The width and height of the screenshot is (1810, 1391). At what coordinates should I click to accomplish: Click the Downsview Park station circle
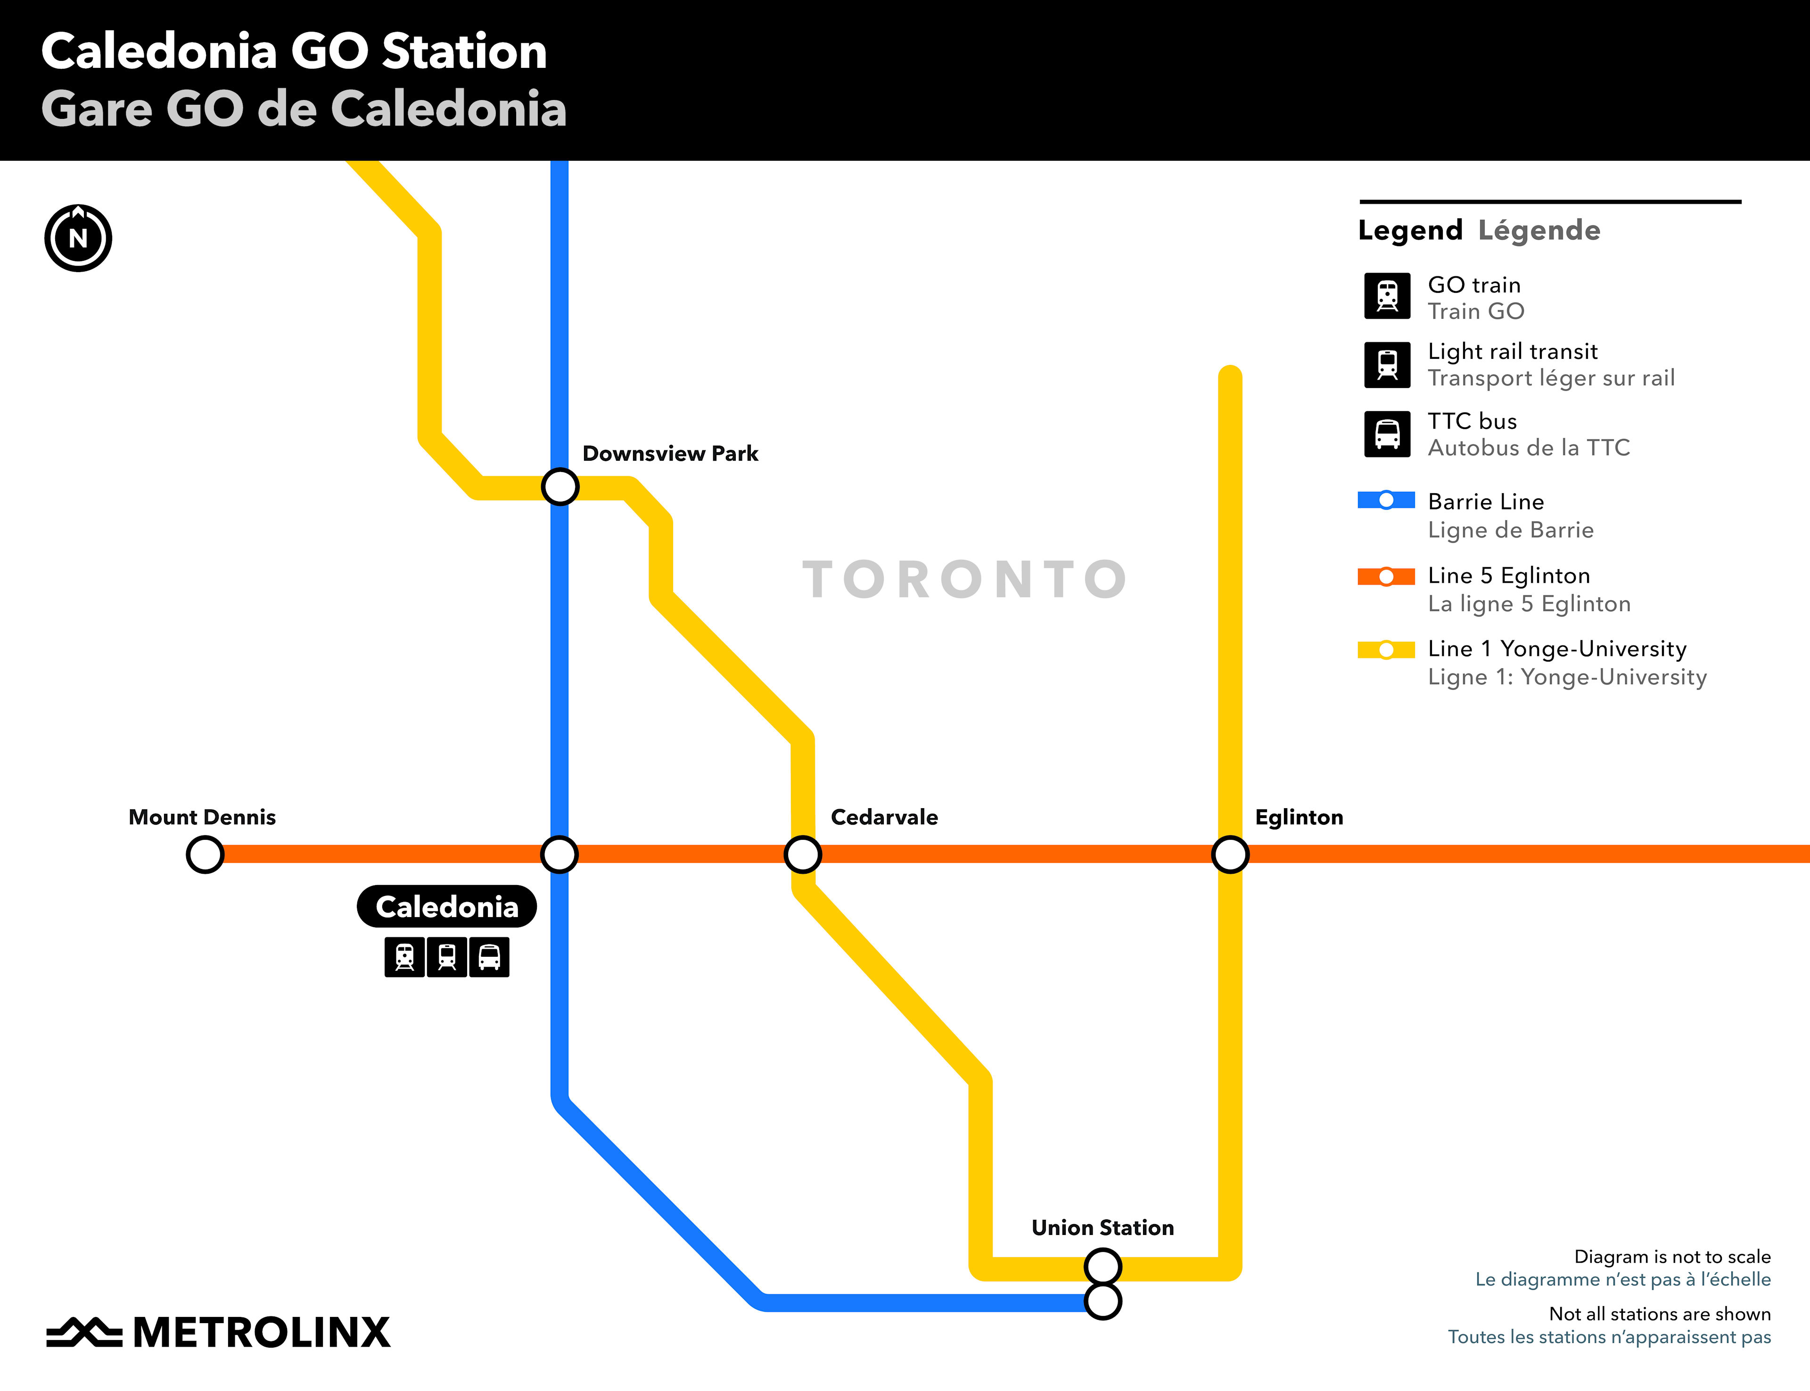tap(559, 487)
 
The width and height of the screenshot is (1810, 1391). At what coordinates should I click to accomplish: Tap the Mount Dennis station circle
tap(205, 853)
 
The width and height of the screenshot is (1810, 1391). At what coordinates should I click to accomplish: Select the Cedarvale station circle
tap(802, 853)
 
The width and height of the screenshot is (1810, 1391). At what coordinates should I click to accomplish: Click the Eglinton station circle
tap(1230, 853)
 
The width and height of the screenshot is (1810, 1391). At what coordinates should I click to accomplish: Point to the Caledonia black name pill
tap(447, 907)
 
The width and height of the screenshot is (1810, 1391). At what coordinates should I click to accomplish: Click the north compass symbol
tap(78, 239)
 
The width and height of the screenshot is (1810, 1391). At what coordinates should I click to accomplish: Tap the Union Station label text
tap(1102, 1227)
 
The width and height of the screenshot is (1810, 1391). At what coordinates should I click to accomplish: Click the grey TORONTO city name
tap(964, 579)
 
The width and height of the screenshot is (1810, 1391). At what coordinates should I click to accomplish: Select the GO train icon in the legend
tap(1387, 296)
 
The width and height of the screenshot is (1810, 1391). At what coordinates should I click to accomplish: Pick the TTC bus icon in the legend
tap(1387, 434)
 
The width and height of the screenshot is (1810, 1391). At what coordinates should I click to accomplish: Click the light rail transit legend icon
tap(1387, 364)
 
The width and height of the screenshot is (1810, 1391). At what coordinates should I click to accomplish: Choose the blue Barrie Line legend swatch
tap(1386, 500)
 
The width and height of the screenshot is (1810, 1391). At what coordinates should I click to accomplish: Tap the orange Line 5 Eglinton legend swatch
tap(1386, 576)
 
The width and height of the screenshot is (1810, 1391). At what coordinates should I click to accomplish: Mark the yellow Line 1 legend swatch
tap(1386, 650)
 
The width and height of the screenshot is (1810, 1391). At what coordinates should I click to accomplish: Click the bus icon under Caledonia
tap(489, 957)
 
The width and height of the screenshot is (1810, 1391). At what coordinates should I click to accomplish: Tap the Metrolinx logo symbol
tap(83, 1332)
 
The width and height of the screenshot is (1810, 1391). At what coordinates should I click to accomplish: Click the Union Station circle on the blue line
tap(1102, 1301)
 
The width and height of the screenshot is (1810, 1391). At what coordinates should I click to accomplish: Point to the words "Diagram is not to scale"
tap(1672, 1256)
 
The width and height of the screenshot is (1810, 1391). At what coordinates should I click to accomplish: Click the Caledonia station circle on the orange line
tap(559, 853)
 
